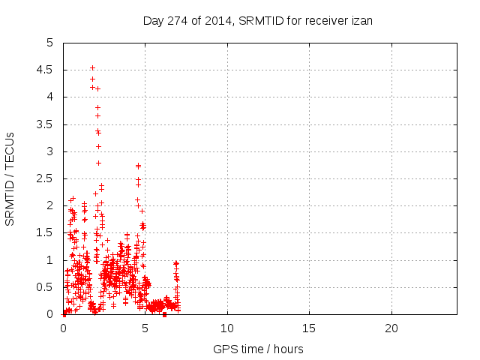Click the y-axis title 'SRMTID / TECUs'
pyautogui.click(x=10, y=178)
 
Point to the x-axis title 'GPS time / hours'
pyautogui.click(x=259, y=349)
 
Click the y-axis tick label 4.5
pyautogui.click(x=46, y=70)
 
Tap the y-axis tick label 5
pyautogui.click(x=50, y=43)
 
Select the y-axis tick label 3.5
pyautogui.click(x=46, y=124)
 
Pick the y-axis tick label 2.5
pyautogui.click(x=46, y=178)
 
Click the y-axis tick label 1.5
pyautogui.click(x=46, y=233)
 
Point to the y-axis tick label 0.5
pyautogui.click(x=46, y=287)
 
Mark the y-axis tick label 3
pyautogui.click(x=50, y=151)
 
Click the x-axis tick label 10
pyautogui.click(x=227, y=328)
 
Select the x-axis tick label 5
pyautogui.click(x=145, y=328)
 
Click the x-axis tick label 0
pyautogui.click(x=64, y=328)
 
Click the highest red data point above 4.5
pyautogui.click(x=92, y=67)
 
